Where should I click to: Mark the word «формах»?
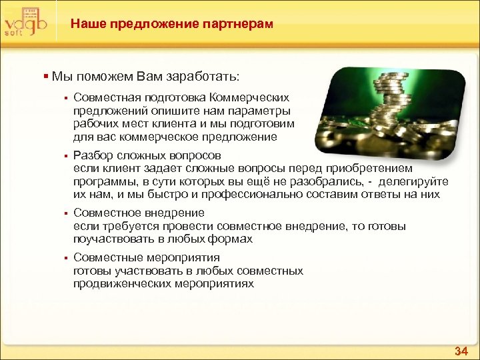234,239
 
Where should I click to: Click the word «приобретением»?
377,169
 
